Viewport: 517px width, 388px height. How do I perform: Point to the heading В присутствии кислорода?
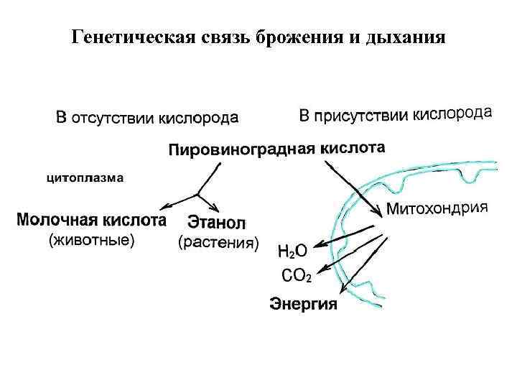(395, 115)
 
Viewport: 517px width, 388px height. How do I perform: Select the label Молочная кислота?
(91, 218)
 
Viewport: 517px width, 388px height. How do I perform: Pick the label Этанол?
(217, 222)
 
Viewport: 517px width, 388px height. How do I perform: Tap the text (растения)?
(218, 244)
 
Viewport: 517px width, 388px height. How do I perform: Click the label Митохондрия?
(437, 210)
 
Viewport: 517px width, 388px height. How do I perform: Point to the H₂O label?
(292, 251)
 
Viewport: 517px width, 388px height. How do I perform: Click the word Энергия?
(303, 304)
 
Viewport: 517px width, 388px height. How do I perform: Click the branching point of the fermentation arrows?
(197, 194)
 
